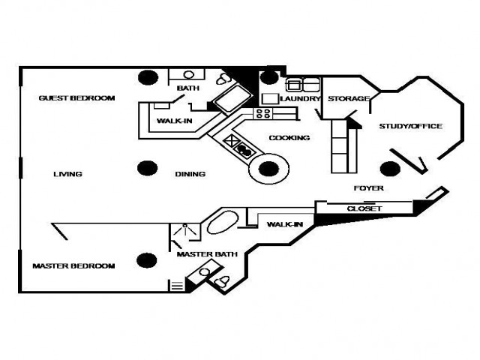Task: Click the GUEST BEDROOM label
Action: [x=76, y=98]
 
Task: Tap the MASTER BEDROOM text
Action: [x=73, y=265]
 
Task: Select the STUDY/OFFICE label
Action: [x=410, y=126]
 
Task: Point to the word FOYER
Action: [x=368, y=188]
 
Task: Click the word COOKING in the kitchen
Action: [x=289, y=138]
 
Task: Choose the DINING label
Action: [x=190, y=174]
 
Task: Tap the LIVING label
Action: [x=67, y=174]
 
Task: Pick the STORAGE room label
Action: [x=349, y=98]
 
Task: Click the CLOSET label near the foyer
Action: [x=364, y=208]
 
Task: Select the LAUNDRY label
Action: [x=300, y=98]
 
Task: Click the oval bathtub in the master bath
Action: [x=223, y=223]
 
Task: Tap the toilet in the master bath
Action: [x=222, y=281]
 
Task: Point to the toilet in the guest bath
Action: [x=223, y=79]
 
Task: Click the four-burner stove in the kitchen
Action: [x=263, y=113]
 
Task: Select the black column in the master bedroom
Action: [x=147, y=260]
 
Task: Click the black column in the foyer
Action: [x=390, y=169]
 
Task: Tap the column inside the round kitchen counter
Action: [x=268, y=169]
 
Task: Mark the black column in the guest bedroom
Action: [x=148, y=77]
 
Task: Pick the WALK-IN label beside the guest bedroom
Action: [x=175, y=121]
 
